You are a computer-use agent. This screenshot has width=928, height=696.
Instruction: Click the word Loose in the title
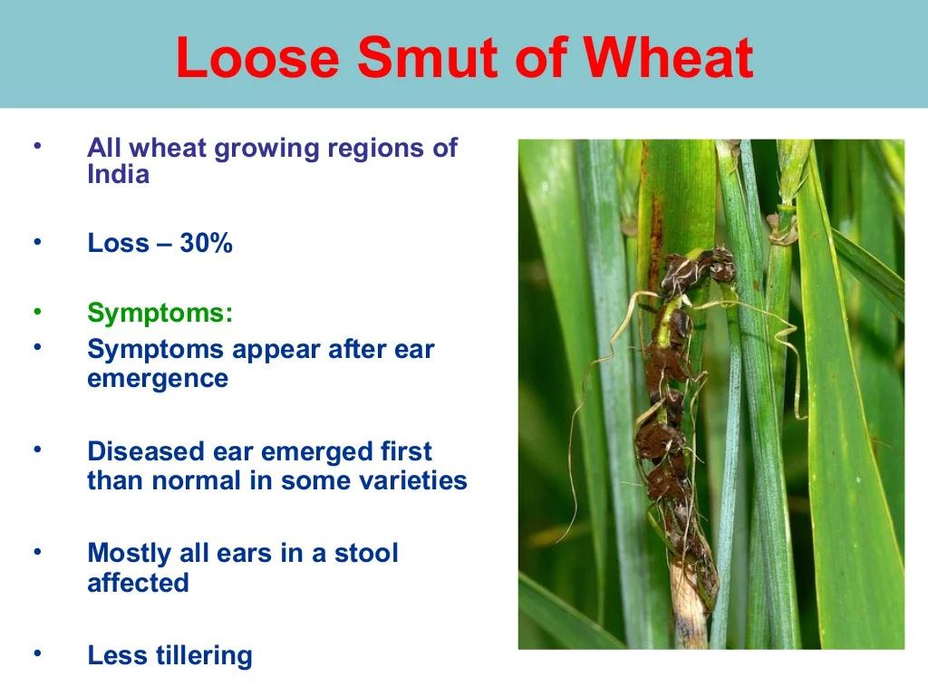(258, 57)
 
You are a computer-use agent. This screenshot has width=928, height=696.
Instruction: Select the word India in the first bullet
(118, 174)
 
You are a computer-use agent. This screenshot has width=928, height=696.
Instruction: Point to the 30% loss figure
(206, 243)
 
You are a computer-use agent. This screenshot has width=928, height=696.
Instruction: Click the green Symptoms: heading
(159, 313)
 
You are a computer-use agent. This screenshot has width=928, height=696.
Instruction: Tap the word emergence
(158, 379)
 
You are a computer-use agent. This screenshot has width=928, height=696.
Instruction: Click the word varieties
(413, 480)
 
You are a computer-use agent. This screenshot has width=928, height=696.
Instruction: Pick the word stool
(366, 554)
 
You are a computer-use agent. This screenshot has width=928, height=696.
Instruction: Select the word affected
(138, 583)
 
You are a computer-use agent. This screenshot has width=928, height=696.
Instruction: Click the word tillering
(204, 656)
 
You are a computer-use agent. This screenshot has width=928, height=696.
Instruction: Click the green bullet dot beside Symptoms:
(37, 312)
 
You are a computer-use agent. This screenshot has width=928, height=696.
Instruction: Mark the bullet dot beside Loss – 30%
(37, 241)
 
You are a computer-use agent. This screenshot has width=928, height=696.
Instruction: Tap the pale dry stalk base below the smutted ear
(689, 610)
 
